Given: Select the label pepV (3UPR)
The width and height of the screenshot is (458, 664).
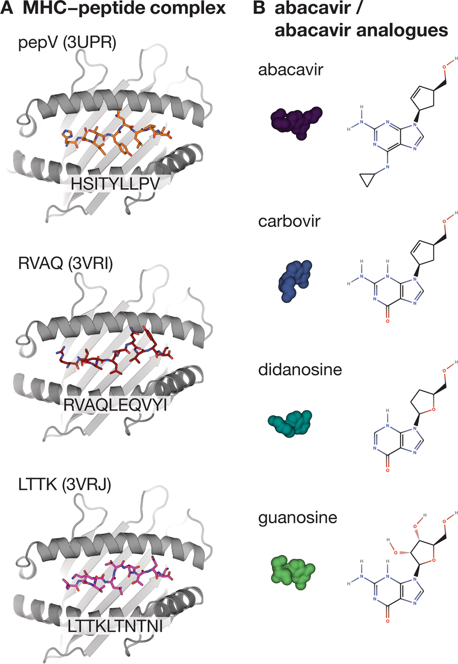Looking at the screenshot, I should click(x=67, y=43).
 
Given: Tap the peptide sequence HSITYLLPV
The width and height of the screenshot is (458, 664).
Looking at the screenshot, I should click(x=115, y=184).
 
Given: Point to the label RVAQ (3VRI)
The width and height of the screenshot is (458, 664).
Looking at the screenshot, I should click(x=65, y=263).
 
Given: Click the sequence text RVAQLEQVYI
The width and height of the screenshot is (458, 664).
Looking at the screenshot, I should click(x=115, y=405).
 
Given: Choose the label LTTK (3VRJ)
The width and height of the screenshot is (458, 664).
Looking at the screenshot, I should click(x=64, y=485).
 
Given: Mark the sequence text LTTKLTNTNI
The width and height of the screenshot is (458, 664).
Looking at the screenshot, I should click(x=115, y=626).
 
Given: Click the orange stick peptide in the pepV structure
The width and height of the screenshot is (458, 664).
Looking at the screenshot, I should click(x=115, y=133).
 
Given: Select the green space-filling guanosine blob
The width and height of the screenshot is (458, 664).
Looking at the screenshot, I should click(x=292, y=572).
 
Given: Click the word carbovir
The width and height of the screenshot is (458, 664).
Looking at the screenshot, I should click(x=289, y=221).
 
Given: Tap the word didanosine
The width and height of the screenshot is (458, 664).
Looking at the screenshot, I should click(x=300, y=370).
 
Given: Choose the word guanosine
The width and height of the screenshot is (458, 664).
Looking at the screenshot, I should click(x=297, y=518).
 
